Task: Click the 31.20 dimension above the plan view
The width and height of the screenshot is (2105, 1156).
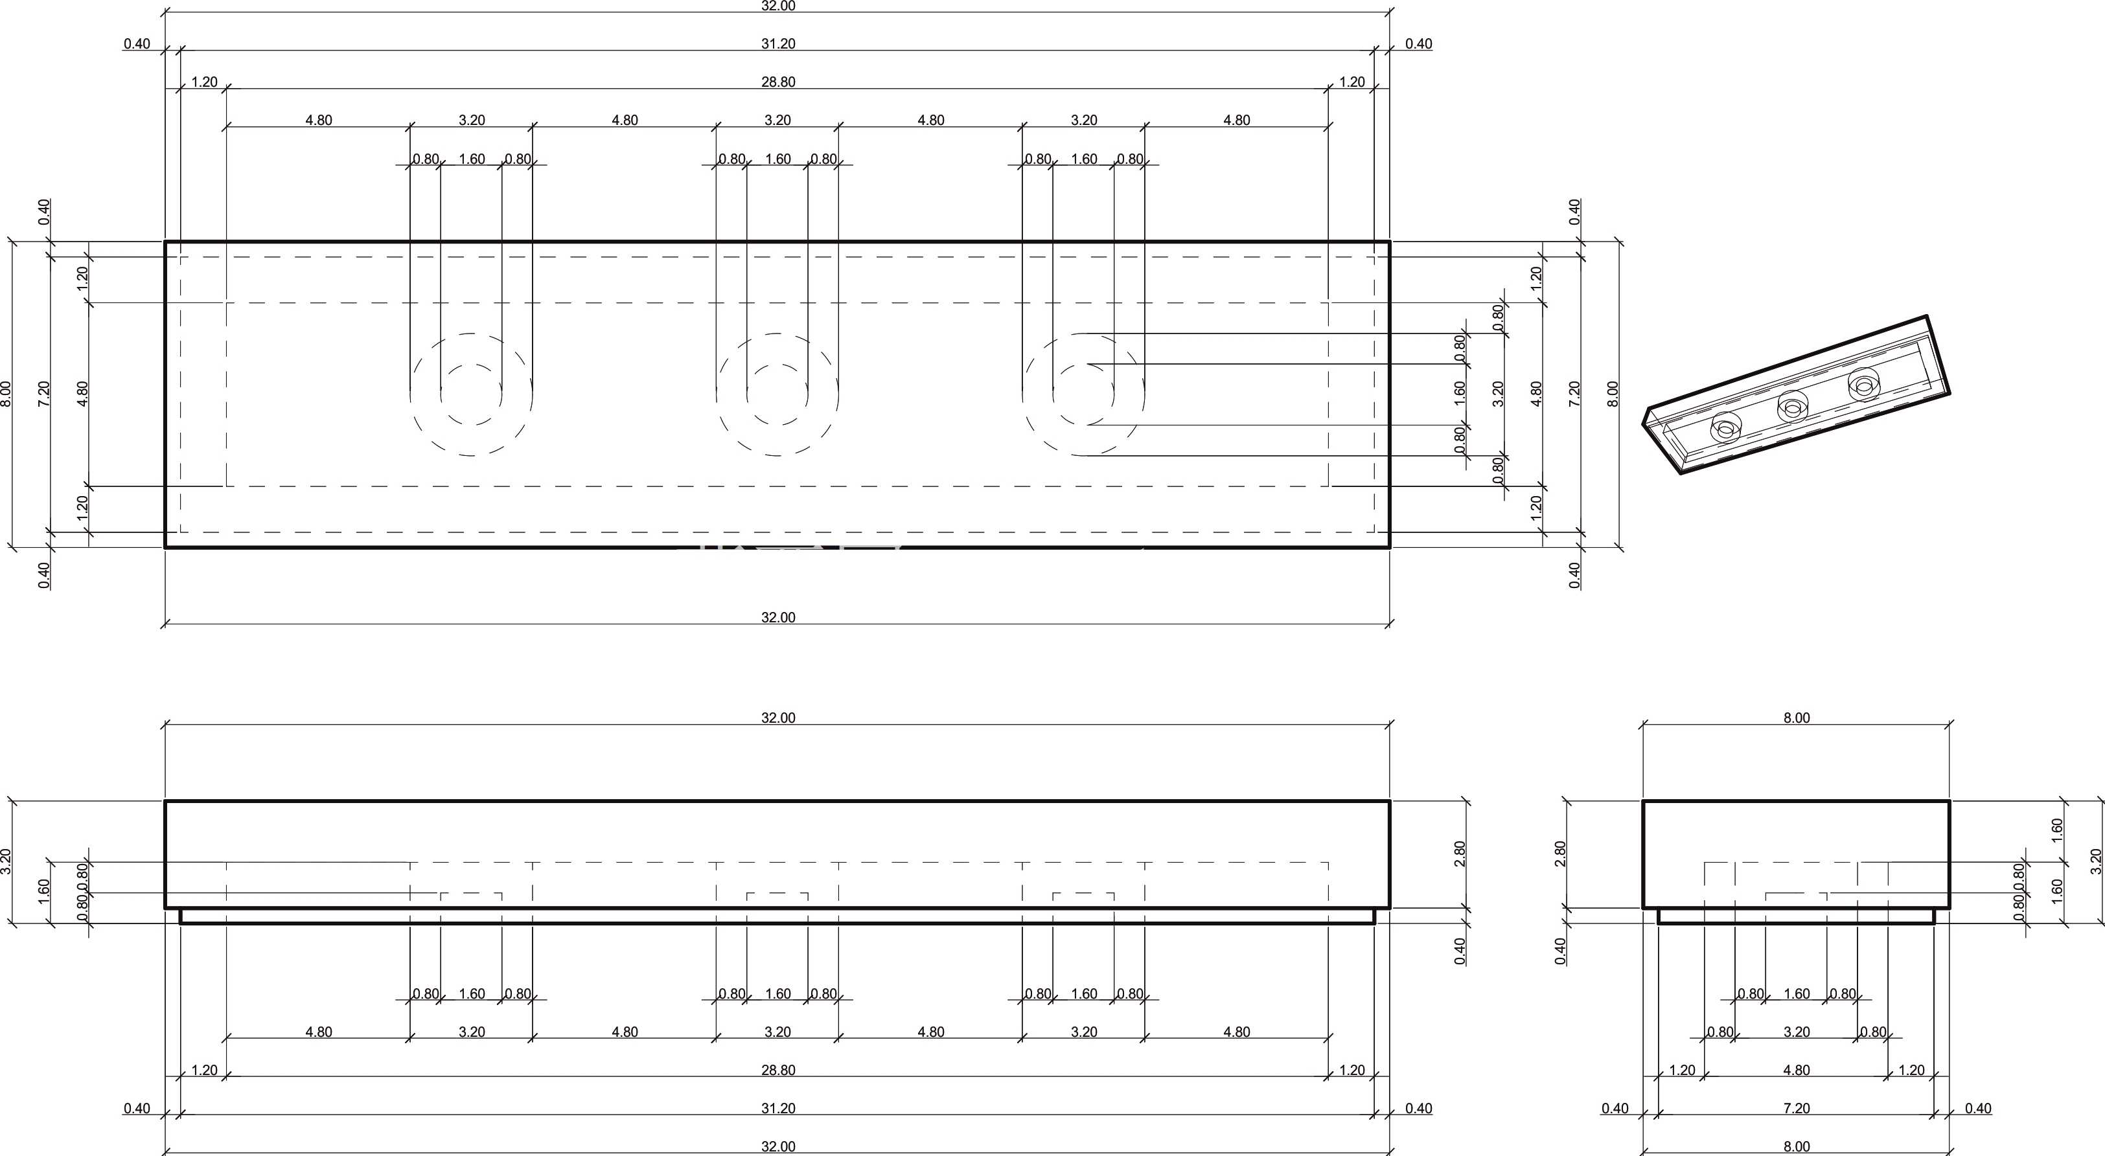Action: pyautogui.click(x=778, y=44)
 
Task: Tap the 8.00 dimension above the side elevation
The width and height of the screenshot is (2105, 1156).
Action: pyautogui.click(x=1796, y=718)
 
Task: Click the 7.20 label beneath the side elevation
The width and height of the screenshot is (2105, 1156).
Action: pyautogui.click(x=1796, y=1109)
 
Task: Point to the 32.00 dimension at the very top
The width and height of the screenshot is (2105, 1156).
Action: pyautogui.click(x=778, y=6)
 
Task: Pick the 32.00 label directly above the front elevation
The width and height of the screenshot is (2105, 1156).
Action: pyautogui.click(x=778, y=718)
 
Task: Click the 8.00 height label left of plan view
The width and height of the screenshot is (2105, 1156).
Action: pyautogui.click(x=6, y=394)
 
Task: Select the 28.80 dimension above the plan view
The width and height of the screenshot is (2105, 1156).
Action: pyautogui.click(x=778, y=82)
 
